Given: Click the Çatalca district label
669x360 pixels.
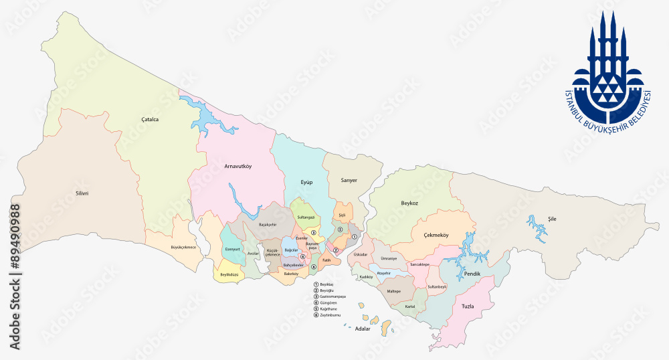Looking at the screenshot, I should [150, 120].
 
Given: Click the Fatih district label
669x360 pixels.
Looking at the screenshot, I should [326, 260].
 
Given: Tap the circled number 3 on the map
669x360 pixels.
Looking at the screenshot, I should [313, 232].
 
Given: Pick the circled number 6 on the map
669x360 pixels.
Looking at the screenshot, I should [313, 267].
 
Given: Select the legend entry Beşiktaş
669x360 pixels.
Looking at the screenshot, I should [326, 284].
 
